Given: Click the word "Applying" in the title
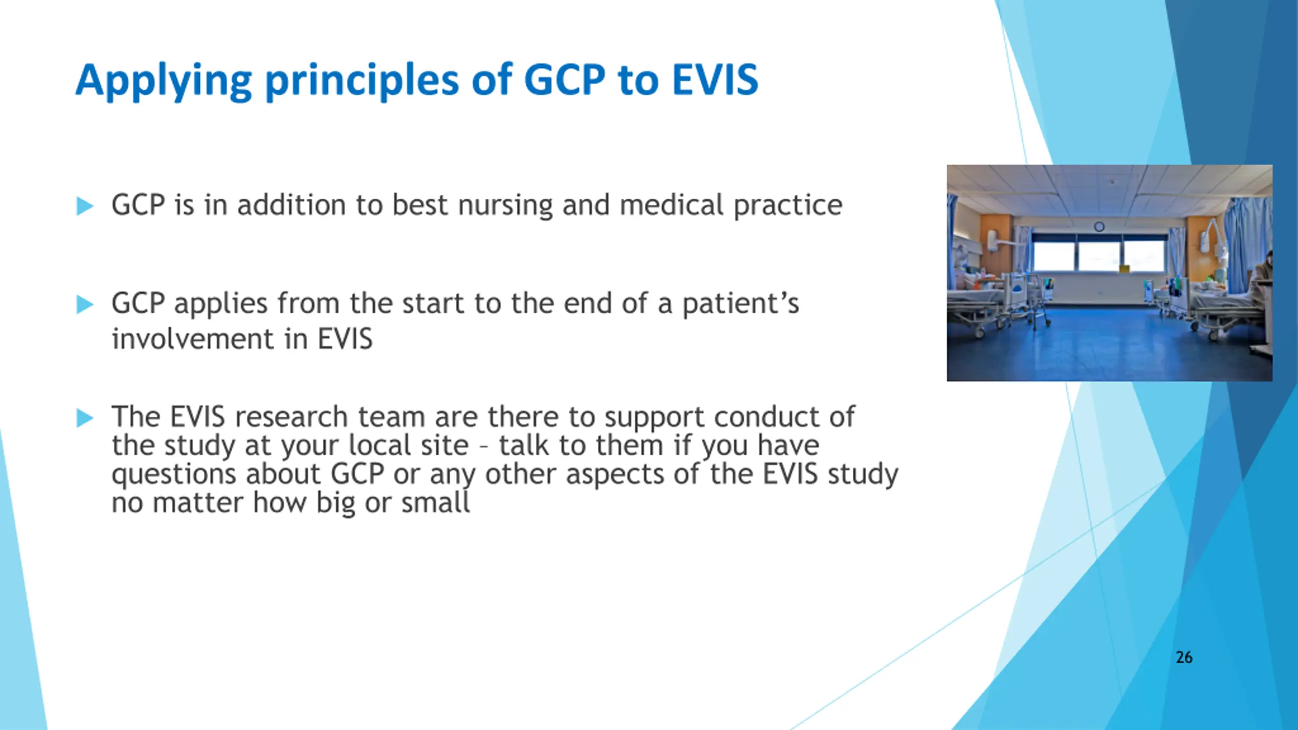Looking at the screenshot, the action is point(164,81).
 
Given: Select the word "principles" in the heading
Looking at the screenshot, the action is point(362,81).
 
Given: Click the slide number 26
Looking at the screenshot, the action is point(1184,658).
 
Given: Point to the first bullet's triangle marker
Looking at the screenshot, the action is point(85,206).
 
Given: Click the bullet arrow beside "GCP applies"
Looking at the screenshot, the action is point(85,305).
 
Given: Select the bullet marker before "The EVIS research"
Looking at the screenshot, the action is point(85,418).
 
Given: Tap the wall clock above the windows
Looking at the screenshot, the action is point(1099,227).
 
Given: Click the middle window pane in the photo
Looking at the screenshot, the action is point(1098,256).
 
